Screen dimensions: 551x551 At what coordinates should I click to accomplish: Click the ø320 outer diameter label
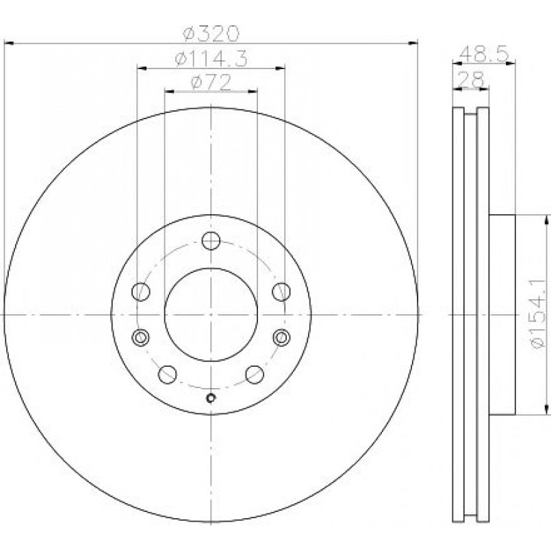211,34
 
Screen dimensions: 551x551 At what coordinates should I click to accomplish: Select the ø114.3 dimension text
212,58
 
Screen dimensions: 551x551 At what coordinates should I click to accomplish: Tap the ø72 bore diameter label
211,82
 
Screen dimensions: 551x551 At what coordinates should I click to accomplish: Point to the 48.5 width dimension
484,54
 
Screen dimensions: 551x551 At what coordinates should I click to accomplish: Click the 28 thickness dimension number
472,79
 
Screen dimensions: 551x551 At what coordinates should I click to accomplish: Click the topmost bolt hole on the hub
211,241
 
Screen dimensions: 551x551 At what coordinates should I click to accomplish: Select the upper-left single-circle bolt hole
140,292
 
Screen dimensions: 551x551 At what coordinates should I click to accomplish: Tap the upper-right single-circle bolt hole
281,292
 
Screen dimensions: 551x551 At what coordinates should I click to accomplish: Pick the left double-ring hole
140,337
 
